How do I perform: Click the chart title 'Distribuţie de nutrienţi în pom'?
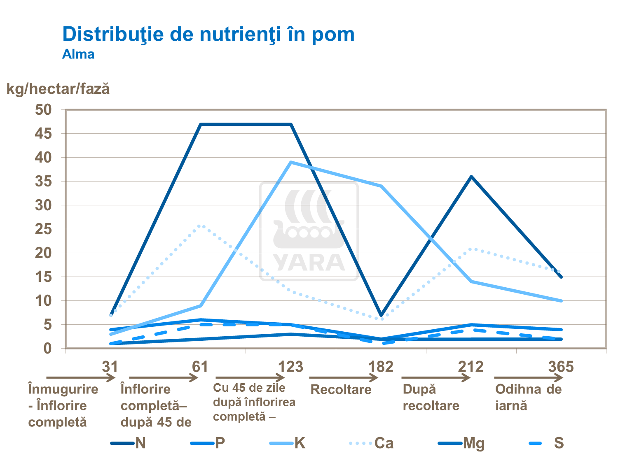click(x=208, y=34)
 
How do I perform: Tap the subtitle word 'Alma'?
click(x=78, y=54)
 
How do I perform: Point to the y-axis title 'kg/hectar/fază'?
click(x=58, y=89)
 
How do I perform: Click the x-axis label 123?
click(x=290, y=366)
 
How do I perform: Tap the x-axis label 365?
click(x=561, y=366)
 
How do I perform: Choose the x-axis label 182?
click(x=381, y=366)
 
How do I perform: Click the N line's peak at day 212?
click(x=471, y=177)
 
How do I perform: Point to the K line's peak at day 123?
click(x=291, y=162)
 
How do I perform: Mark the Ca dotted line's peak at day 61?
click(x=201, y=226)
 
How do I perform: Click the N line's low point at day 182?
click(x=381, y=315)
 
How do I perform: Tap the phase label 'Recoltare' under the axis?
click(x=341, y=389)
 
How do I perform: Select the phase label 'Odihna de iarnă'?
click(x=528, y=397)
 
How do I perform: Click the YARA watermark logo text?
click(x=309, y=263)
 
